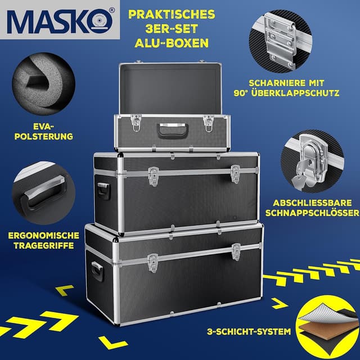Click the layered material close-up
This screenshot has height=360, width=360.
pyautogui.click(x=326, y=326)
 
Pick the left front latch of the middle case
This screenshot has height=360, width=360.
pyautogui.click(x=154, y=175)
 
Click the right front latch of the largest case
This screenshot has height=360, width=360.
pyautogui.click(x=237, y=251)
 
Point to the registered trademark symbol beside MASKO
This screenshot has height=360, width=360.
pyautogui.click(x=111, y=10)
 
